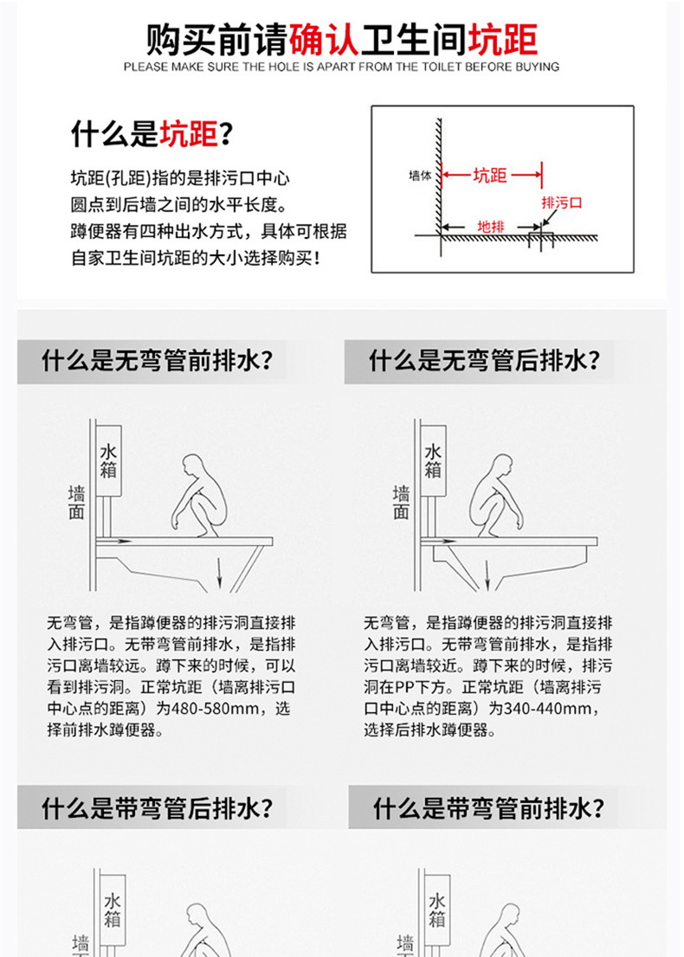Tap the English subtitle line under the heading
tap(341, 67)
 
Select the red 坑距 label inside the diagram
tap(490, 176)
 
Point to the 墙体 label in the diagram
tap(420, 175)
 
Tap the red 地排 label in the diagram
tap(490, 227)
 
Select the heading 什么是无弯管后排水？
tap(485, 360)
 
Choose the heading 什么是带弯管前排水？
tap(489, 809)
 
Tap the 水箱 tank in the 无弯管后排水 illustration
tap(434, 461)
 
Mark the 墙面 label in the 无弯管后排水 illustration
tap(401, 502)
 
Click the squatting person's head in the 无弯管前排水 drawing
tap(195, 465)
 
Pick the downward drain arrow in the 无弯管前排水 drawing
tap(220, 572)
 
